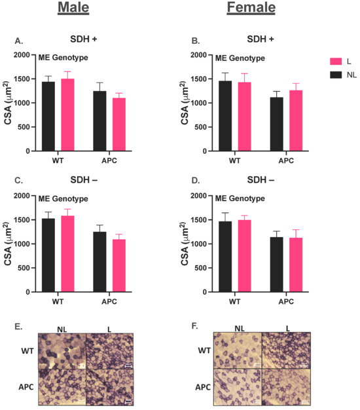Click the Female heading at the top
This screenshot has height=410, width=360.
[x=251, y=9]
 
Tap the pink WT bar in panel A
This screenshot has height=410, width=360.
[x=67, y=115]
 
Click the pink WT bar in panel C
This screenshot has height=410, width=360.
[x=67, y=253]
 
